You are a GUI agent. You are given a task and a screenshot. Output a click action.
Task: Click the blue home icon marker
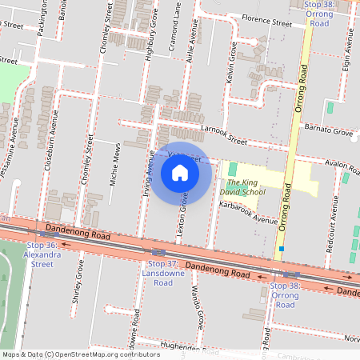[180, 173]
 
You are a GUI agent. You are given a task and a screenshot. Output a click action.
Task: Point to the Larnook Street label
[224, 134]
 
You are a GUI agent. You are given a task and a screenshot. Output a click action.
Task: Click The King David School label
[241, 187]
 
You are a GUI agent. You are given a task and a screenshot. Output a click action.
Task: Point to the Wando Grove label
[196, 308]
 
